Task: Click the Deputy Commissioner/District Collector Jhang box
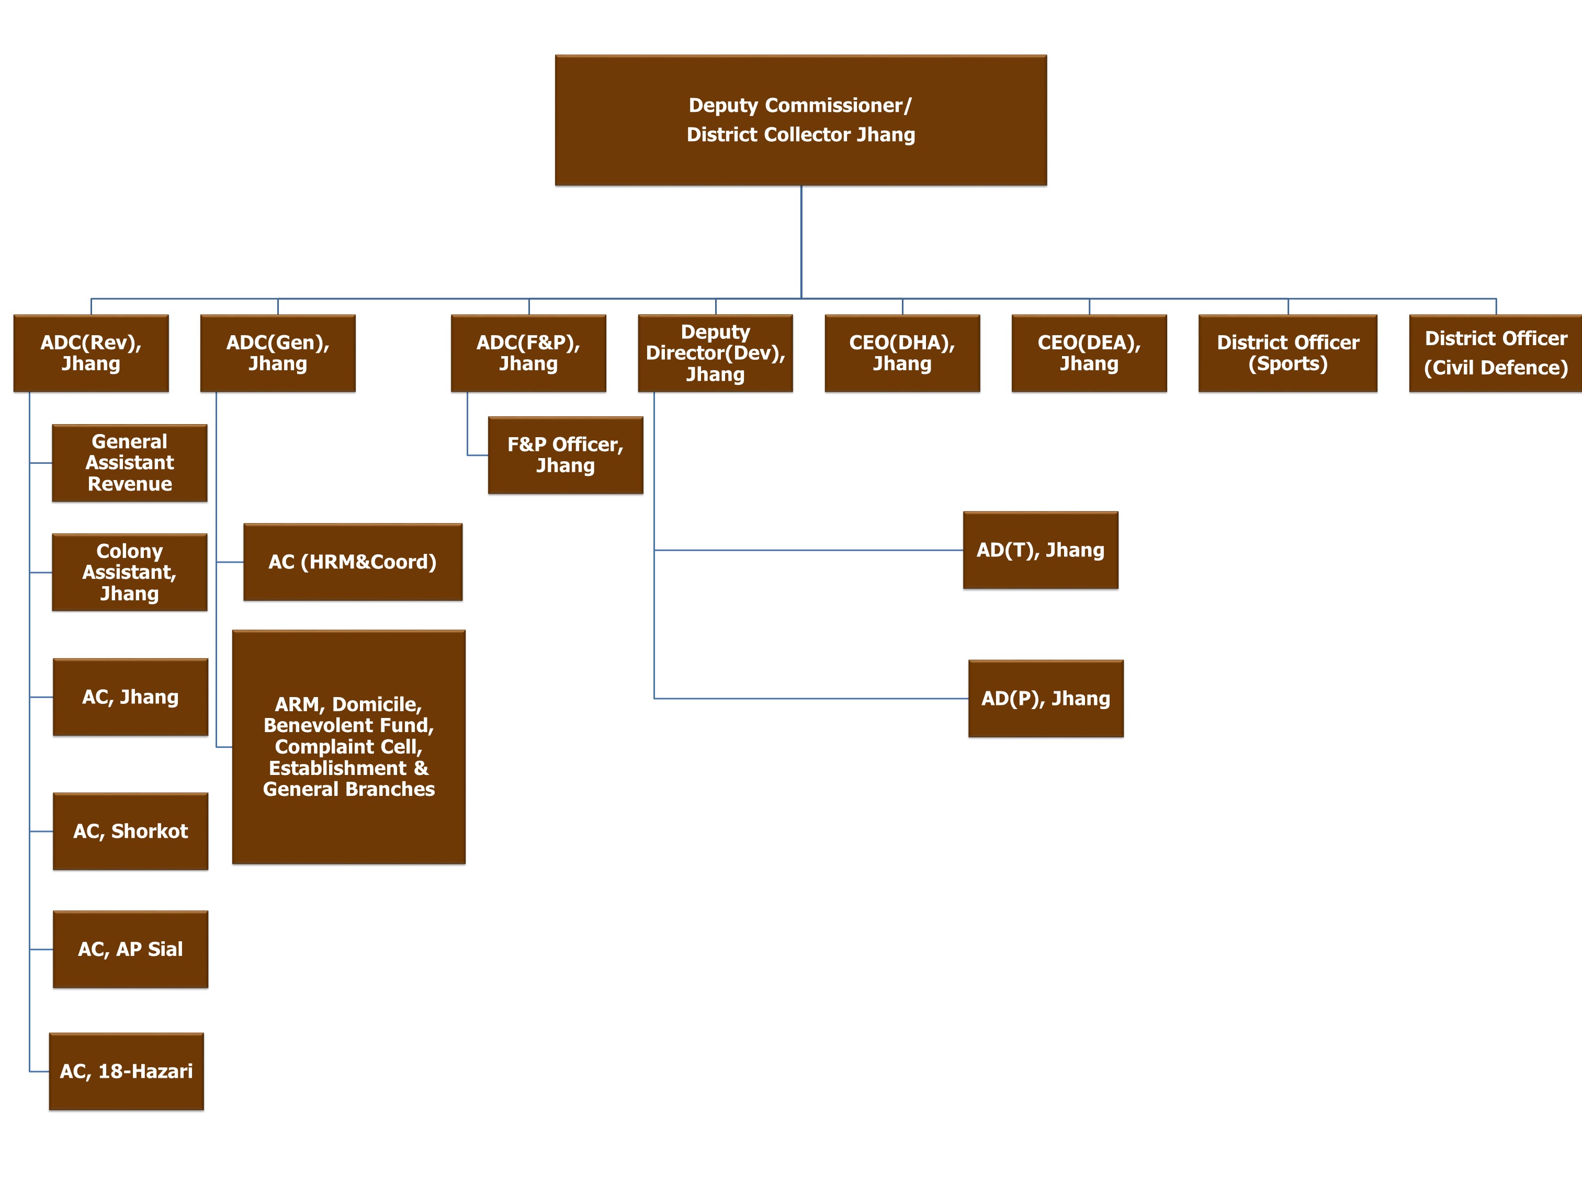click(800, 120)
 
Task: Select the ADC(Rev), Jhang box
click(91, 353)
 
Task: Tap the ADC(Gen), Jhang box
click(277, 353)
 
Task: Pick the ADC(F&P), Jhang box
click(528, 353)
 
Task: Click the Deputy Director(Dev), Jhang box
click(715, 353)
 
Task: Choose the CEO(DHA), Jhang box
click(902, 353)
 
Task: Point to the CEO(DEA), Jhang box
click(1089, 353)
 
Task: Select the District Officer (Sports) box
click(1287, 353)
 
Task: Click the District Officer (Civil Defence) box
click(1495, 353)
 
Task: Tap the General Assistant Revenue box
click(129, 463)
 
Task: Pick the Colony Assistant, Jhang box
click(129, 572)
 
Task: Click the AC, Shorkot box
click(130, 831)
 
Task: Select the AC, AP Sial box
click(130, 949)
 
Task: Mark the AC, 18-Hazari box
click(126, 1071)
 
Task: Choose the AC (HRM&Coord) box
click(353, 562)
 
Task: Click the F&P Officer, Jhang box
click(565, 454)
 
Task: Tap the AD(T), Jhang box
click(1040, 550)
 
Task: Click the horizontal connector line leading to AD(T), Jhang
click(808, 550)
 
